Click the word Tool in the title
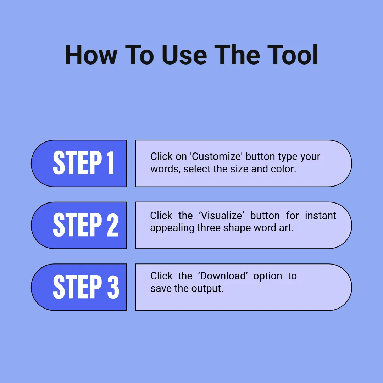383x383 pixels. (293, 55)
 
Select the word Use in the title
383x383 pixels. (184, 55)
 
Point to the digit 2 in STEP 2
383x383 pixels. (113, 225)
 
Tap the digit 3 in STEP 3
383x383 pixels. (113, 287)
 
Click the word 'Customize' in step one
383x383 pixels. (216, 157)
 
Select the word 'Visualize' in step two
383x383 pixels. (221, 216)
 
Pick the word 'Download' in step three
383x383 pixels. (223, 276)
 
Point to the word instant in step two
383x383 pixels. (321, 216)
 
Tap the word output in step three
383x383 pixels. (207, 288)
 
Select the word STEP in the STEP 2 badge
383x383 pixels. (77, 225)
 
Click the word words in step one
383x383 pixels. (165, 169)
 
